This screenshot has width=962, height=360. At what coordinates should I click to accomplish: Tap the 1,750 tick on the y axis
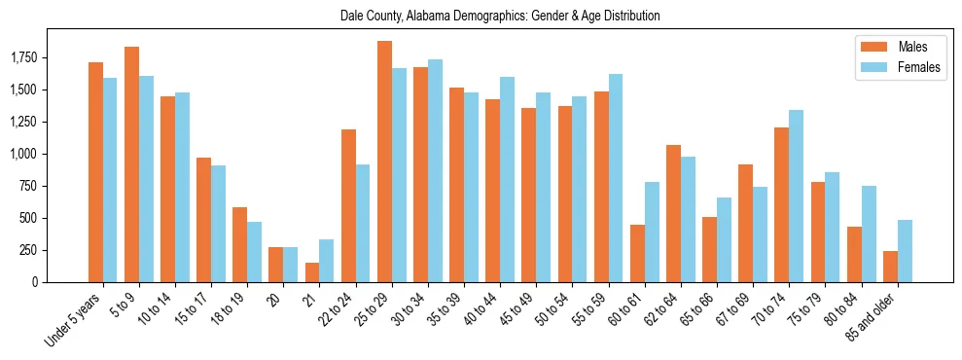26,58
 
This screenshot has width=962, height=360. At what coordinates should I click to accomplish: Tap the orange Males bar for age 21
311,272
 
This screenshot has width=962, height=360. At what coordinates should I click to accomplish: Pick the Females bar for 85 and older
905,251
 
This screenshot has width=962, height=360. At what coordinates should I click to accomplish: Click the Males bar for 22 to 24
348,205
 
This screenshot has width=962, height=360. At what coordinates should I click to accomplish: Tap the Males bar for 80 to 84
854,254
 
